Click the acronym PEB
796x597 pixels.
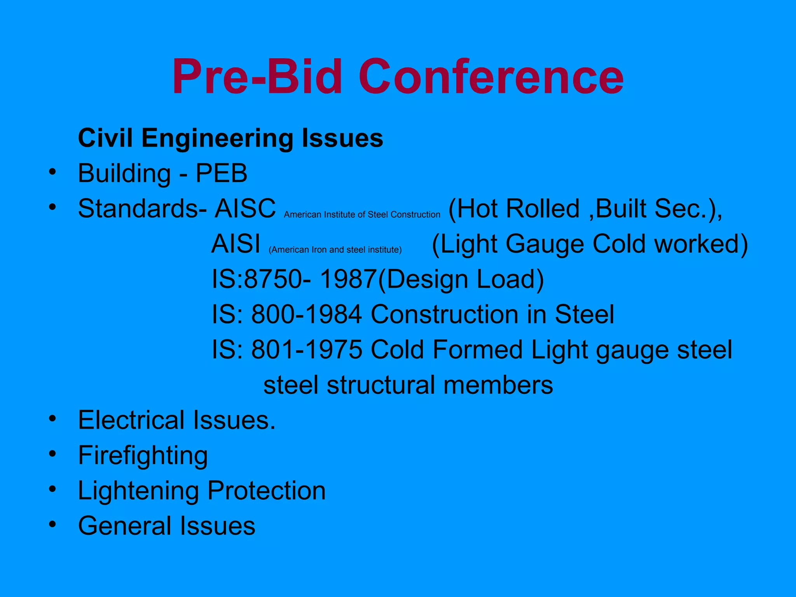[x=221, y=173]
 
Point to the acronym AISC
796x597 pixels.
[x=245, y=209]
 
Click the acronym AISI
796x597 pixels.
[x=236, y=244]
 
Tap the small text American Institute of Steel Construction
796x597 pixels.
[x=362, y=215]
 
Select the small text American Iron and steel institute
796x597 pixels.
[x=335, y=250]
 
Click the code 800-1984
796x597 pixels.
[x=307, y=314]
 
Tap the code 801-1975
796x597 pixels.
[x=307, y=349]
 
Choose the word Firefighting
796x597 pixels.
[x=143, y=456]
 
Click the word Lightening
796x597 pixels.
[x=138, y=491]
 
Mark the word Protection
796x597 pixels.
[x=267, y=491]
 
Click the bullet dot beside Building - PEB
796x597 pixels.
[x=52, y=171]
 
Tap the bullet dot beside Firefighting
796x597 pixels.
[x=52, y=454]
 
